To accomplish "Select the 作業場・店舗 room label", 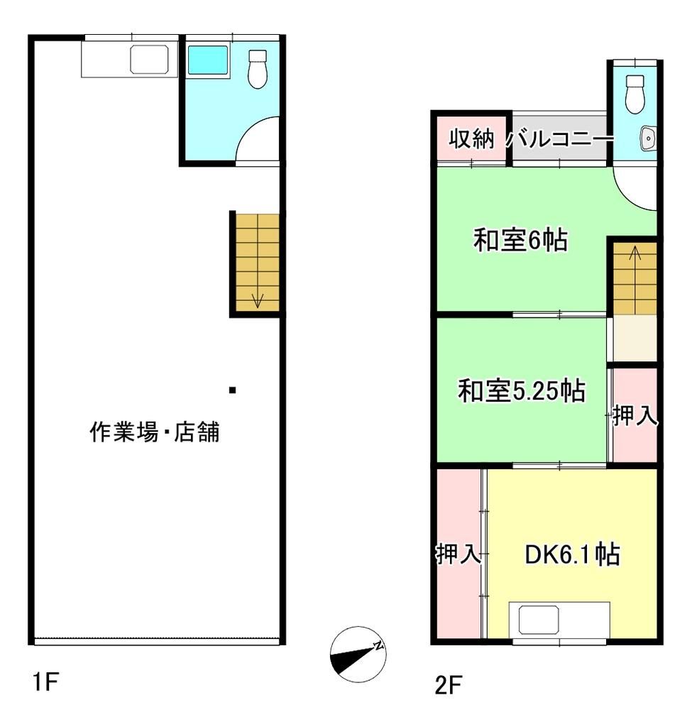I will [154, 432].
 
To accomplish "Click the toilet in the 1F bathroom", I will [257, 68].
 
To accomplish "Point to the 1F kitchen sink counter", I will [128, 59].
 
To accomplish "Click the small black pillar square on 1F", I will [232, 390].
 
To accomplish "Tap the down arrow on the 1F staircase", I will [257, 299].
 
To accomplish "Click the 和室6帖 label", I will [520, 241].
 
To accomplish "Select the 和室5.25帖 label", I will [521, 391].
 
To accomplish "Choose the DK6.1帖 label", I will [571, 554].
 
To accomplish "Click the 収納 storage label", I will [471, 139].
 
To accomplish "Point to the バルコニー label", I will [559, 139].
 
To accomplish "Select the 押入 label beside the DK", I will [458, 554].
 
